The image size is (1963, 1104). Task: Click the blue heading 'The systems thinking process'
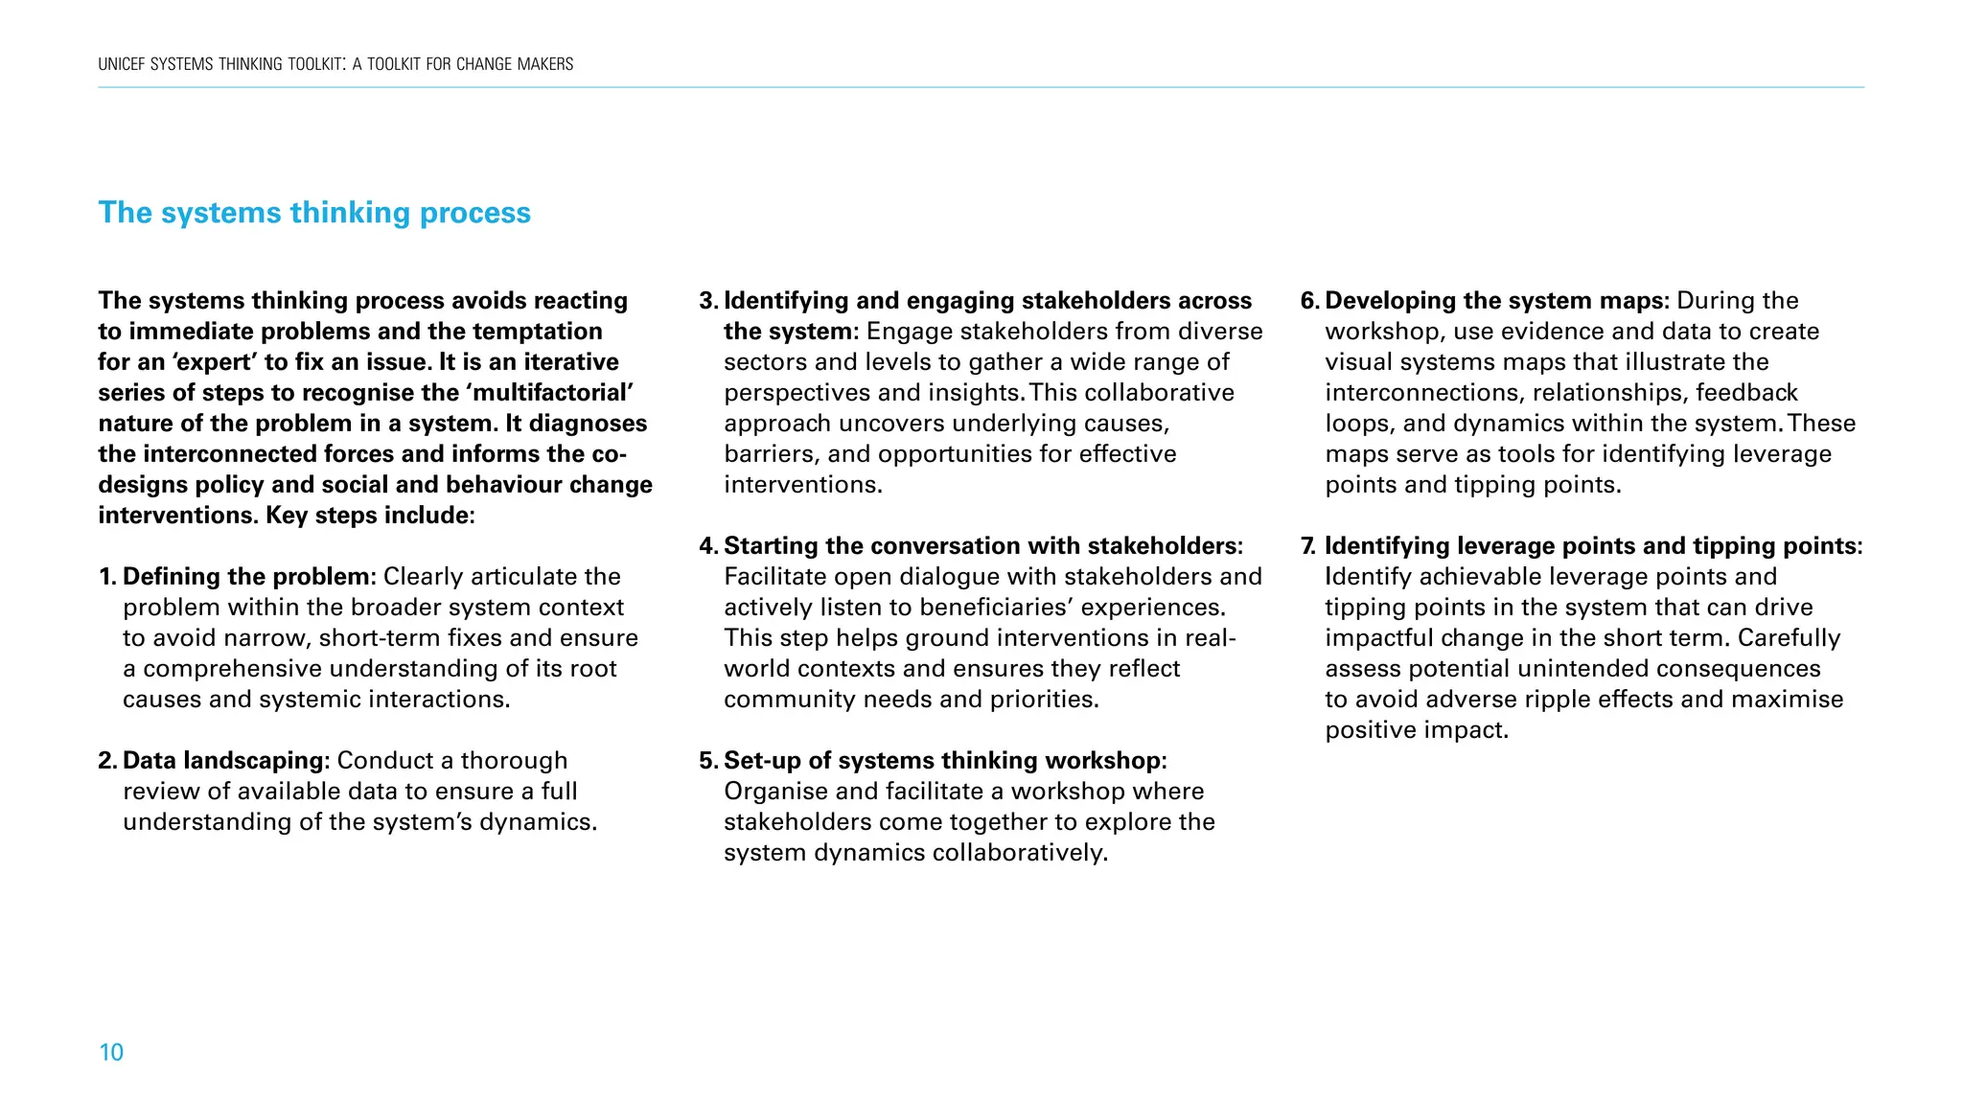[x=314, y=213]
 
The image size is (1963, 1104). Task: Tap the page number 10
[x=111, y=1052]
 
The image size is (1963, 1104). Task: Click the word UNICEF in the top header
[x=122, y=64]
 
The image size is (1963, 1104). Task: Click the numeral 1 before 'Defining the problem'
[x=104, y=577]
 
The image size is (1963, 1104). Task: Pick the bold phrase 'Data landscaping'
[x=225, y=761]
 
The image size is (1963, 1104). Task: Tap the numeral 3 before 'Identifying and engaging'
[x=707, y=301]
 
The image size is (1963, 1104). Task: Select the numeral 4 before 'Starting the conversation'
[x=707, y=546]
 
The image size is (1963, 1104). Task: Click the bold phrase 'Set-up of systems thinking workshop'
[x=941, y=761]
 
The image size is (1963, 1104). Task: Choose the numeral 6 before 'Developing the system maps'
[x=1308, y=301]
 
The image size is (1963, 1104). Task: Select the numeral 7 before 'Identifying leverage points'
[x=1307, y=546]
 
